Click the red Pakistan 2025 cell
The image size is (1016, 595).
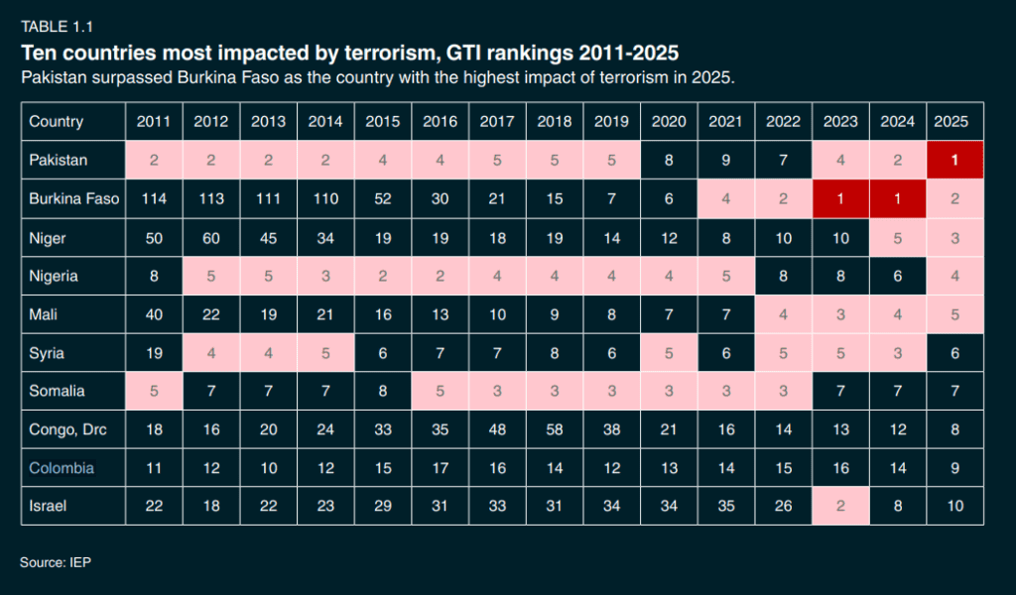point(954,160)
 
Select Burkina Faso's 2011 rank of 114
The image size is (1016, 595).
point(153,198)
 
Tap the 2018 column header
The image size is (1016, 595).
point(555,122)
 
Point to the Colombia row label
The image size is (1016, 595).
point(62,467)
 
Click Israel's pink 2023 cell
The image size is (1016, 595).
point(840,506)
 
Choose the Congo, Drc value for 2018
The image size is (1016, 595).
point(555,429)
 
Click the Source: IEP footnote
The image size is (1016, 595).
point(56,562)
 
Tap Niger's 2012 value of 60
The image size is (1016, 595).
point(210,237)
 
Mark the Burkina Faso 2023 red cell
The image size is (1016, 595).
point(840,198)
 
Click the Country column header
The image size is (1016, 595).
point(56,122)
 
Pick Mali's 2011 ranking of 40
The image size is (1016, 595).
point(153,313)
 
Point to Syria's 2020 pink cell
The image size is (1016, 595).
point(669,352)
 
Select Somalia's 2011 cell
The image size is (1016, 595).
point(153,391)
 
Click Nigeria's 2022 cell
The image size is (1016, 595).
point(784,276)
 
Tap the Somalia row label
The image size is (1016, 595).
point(57,391)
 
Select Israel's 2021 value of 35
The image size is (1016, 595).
point(726,506)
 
